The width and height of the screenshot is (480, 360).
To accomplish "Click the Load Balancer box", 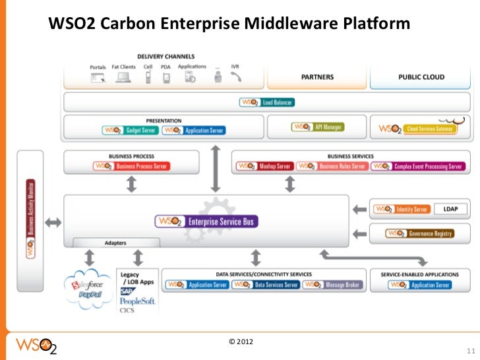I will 266,103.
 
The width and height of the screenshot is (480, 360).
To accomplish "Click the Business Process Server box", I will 131,166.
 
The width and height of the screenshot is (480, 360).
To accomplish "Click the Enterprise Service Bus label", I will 205,222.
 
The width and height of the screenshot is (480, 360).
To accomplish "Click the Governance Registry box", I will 421,233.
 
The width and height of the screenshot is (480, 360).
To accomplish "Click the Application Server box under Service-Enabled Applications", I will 420,285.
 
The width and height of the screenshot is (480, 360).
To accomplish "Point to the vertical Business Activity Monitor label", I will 30,218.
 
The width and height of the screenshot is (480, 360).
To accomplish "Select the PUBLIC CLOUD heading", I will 421,77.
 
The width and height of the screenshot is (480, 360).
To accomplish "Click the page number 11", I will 470,349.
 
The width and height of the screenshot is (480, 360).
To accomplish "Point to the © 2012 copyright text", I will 241,342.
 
